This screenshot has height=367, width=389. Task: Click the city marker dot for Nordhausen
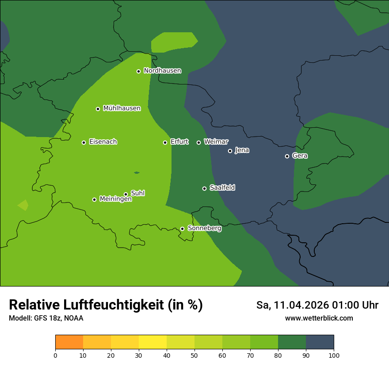pyautogui.click(x=138, y=71)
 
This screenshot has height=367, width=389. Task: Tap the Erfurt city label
pyautogui.click(x=179, y=142)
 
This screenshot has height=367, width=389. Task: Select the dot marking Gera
pyautogui.click(x=287, y=156)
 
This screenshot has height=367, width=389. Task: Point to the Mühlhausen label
pyautogui.click(x=122, y=108)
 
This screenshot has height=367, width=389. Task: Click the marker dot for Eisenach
pyautogui.click(x=84, y=142)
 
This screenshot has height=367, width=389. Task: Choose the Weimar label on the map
pyautogui.click(x=216, y=142)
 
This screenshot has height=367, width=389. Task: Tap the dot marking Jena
pyautogui.click(x=230, y=151)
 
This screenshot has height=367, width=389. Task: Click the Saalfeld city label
pyautogui.click(x=222, y=188)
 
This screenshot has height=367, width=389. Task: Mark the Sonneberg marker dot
pyautogui.click(x=182, y=229)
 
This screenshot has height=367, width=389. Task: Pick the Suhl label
pyautogui.click(x=138, y=193)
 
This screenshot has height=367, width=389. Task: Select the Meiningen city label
pyautogui.click(x=116, y=199)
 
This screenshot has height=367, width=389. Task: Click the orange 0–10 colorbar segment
pyautogui.click(x=69, y=342)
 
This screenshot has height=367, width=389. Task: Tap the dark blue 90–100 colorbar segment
pyautogui.click(x=320, y=342)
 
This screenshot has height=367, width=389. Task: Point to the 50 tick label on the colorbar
pyautogui.click(x=194, y=355)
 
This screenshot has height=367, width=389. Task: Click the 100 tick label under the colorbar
pyautogui.click(x=334, y=355)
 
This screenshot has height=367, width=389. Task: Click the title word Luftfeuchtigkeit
pyautogui.click(x=116, y=305)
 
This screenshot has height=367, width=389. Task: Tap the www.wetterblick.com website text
pyautogui.click(x=319, y=318)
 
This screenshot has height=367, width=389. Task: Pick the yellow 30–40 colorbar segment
pyautogui.click(x=153, y=342)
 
